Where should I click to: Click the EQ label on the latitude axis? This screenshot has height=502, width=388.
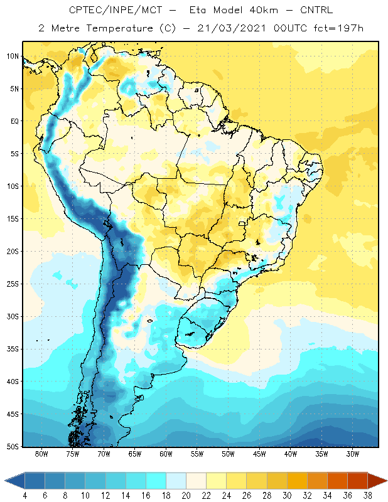(x=14, y=121)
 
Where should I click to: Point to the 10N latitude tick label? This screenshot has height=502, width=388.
(x=13, y=56)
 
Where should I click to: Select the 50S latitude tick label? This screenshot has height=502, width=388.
(x=13, y=446)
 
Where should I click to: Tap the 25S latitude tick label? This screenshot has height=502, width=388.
(x=13, y=284)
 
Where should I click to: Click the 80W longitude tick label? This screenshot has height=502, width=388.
(x=41, y=454)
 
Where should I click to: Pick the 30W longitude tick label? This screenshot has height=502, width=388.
(x=353, y=454)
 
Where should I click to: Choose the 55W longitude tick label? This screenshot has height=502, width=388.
(x=197, y=454)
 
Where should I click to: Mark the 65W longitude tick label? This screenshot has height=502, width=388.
(x=135, y=454)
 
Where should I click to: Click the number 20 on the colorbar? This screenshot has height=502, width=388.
(x=186, y=496)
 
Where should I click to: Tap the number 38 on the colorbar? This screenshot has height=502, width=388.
(x=367, y=496)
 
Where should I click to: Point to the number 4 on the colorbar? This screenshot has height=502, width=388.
(x=24, y=496)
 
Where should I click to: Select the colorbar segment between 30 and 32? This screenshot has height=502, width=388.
(x=297, y=481)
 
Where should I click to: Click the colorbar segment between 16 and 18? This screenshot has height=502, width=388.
(x=156, y=481)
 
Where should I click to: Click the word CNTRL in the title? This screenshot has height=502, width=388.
(x=316, y=10)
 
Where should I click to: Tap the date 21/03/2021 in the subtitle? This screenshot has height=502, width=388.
(x=232, y=28)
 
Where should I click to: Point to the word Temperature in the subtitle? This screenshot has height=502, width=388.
(x=119, y=29)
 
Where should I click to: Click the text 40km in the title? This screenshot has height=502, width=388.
(x=264, y=10)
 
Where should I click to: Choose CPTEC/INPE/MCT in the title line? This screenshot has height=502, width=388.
(x=116, y=10)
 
